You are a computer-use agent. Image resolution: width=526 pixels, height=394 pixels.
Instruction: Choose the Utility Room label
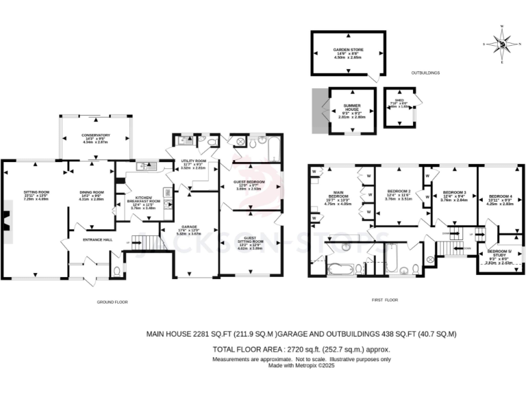[x=193, y=163]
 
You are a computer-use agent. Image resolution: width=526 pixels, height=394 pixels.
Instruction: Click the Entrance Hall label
[x=96, y=239]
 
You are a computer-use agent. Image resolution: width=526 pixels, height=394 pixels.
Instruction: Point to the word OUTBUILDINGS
[x=425, y=73]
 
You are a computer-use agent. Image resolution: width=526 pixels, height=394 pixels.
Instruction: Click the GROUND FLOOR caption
[x=112, y=302]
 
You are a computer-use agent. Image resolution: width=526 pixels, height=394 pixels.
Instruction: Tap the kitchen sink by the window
[x=146, y=166]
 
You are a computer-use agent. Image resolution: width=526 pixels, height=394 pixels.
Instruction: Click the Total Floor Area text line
[x=301, y=348]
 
